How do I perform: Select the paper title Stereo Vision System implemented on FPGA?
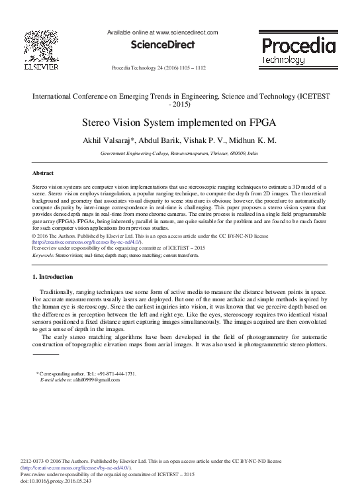(x=179, y=123)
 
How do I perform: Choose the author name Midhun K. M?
(x=252, y=140)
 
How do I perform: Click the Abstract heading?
(x=43, y=172)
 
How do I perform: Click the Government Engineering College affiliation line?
(x=179, y=152)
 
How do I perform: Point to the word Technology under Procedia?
(x=284, y=60)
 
